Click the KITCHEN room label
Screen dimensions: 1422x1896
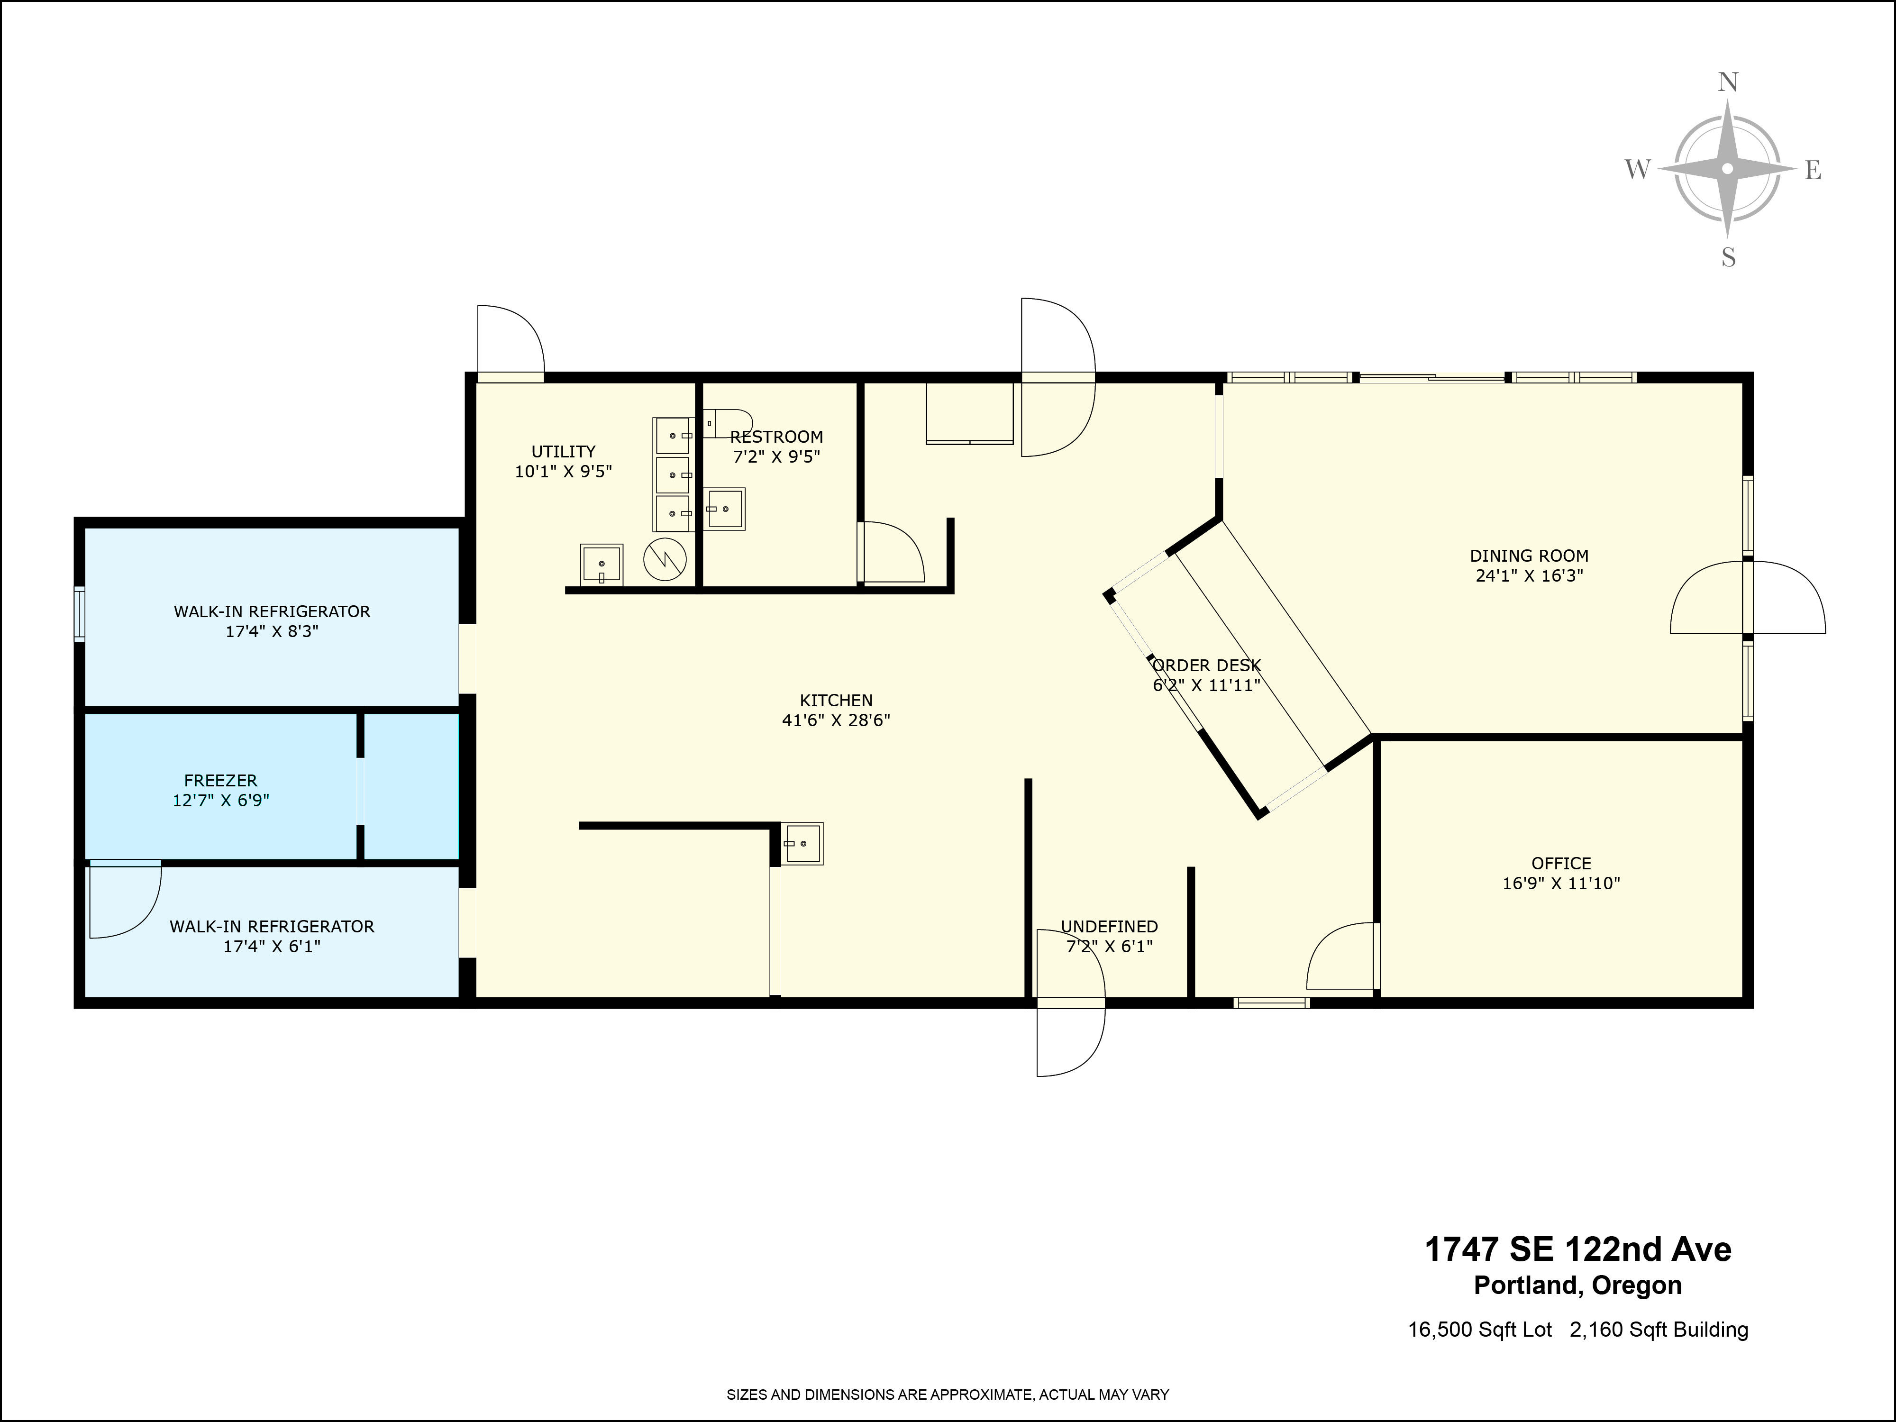click(x=836, y=700)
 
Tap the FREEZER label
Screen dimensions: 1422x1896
click(x=220, y=781)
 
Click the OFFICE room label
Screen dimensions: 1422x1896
click(x=1561, y=863)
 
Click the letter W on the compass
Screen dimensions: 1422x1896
click(x=1637, y=170)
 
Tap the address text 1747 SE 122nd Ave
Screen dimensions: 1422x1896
click(x=1577, y=1250)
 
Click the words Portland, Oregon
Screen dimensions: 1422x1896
click(x=1577, y=1285)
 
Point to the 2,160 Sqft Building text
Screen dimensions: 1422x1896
click(x=1659, y=1330)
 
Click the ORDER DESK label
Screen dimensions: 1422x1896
click(x=1206, y=665)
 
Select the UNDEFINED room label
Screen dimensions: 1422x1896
click(x=1109, y=927)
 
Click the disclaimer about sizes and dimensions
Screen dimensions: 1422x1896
click(x=947, y=1395)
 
